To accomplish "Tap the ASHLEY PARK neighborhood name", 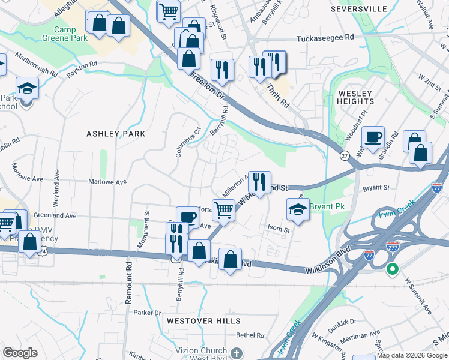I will [116, 134].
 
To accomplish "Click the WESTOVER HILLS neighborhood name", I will [195, 321].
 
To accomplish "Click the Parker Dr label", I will [148, 313].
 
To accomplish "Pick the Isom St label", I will [279, 230].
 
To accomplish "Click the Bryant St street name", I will [376, 188].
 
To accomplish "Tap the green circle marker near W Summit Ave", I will [393, 269].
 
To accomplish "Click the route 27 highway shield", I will [344, 155].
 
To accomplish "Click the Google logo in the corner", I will [20, 353].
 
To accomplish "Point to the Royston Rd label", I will [82, 65].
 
